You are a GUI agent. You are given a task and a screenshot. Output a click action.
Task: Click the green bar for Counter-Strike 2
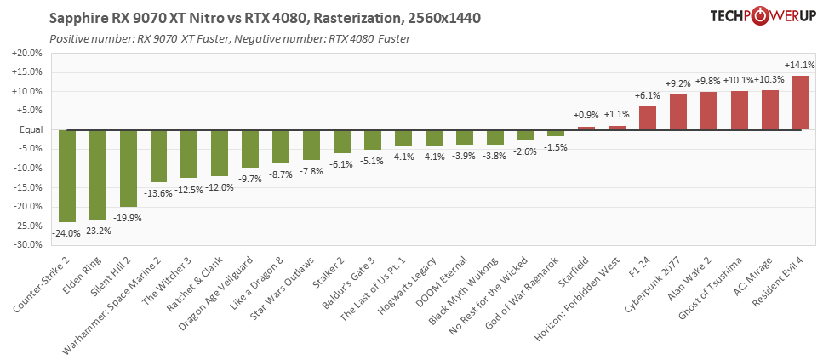coord(67,175)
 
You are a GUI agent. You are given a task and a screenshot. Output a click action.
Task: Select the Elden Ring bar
coord(98,174)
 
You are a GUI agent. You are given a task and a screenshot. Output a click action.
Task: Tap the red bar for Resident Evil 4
coord(801,103)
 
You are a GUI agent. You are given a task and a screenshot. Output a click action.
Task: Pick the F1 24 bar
coord(648,118)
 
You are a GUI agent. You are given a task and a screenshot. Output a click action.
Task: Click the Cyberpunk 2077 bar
coord(678,112)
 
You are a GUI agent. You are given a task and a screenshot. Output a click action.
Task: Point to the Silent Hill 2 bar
coord(129,168)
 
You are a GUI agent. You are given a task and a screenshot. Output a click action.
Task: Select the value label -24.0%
coord(67,232)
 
